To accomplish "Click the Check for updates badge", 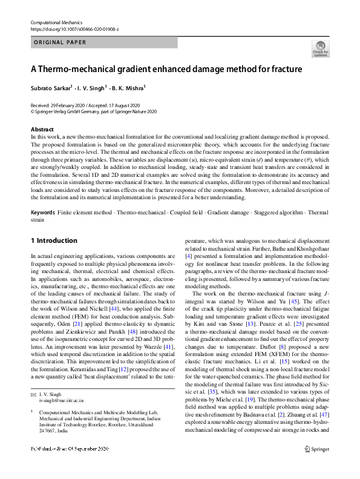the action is pos(320,48).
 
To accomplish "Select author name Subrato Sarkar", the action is pos(50,88).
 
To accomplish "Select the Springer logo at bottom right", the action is pos(316,466).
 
